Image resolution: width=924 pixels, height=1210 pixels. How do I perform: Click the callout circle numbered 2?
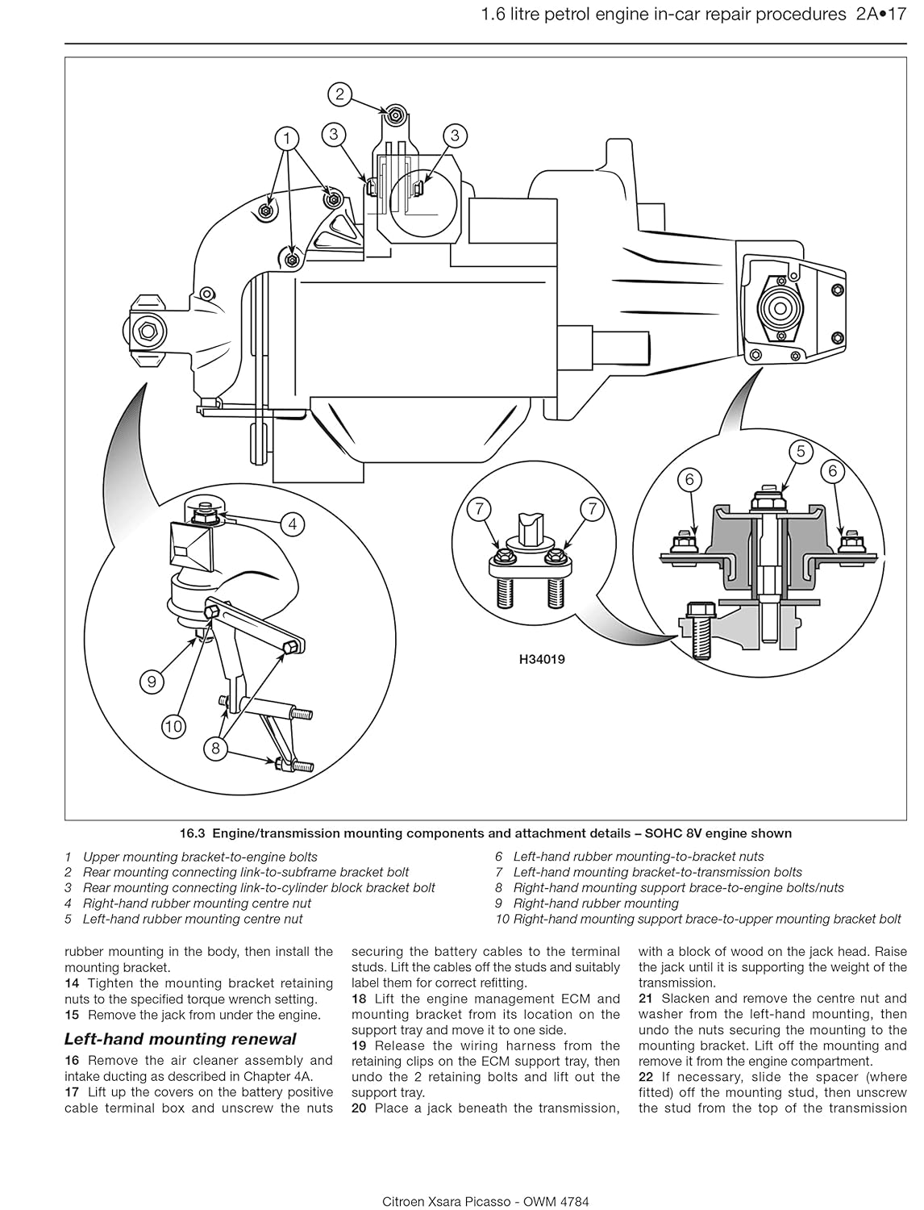(x=340, y=94)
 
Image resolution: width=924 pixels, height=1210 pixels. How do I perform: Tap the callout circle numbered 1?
(x=286, y=139)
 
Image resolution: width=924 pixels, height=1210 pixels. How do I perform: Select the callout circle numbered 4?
(x=293, y=524)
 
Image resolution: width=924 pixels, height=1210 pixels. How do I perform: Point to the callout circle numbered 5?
(x=801, y=451)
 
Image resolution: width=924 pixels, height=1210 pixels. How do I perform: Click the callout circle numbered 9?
(x=152, y=682)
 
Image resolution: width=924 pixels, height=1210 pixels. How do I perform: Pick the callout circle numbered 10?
(x=173, y=726)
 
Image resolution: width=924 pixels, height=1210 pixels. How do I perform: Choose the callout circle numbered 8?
(x=215, y=749)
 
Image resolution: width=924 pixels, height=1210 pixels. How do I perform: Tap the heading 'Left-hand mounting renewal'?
(x=180, y=1039)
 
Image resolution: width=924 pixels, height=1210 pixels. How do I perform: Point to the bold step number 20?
(x=360, y=1108)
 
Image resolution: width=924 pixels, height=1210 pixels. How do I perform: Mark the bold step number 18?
(x=360, y=999)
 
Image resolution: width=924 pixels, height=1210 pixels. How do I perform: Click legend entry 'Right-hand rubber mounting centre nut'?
(x=198, y=903)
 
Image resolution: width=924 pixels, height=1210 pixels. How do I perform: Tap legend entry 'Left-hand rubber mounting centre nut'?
(x=194, y=919)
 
